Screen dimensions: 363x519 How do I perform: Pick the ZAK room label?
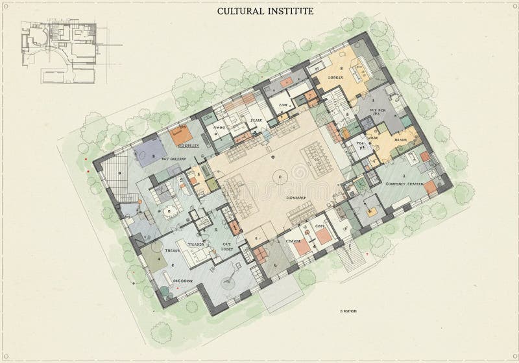click(283, 104)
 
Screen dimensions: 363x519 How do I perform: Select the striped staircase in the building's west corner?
click(119, 174)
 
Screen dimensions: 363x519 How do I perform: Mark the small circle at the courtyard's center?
click(279, 176)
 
